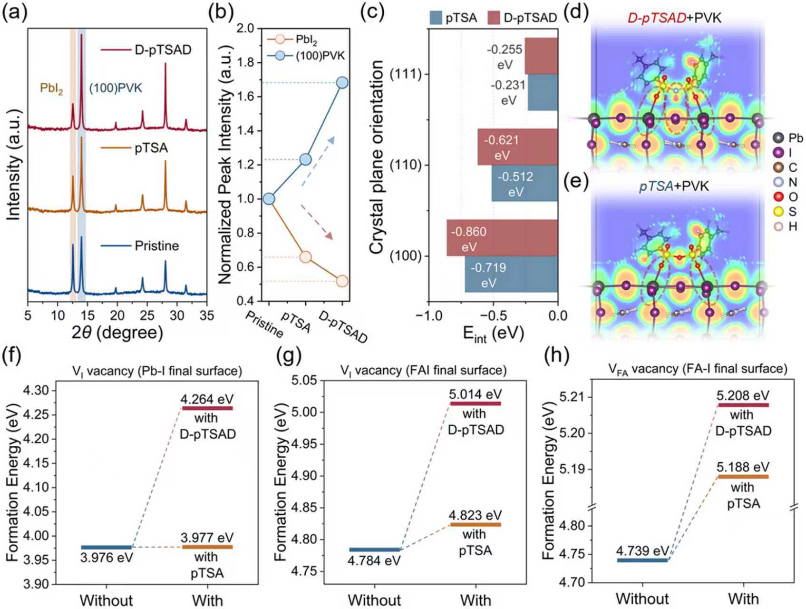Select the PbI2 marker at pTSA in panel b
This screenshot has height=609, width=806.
[x=305, y=257]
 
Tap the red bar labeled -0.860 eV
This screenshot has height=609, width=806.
[x=502, y=238]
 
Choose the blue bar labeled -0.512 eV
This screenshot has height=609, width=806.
[x=524, y=184]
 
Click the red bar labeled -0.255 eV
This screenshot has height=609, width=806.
[x=541, y=56]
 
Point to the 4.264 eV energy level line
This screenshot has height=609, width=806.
[x=207, y=408]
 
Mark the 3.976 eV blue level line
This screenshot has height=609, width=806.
[x=107, y=548]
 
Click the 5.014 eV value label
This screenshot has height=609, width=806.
[x=476, y=394]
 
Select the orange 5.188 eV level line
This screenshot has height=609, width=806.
[x=743, y=477]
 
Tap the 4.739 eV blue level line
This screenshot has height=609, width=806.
[x=642, y=560]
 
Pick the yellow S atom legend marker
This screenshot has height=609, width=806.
[x=778, y=212]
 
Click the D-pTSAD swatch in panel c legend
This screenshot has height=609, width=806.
[x=494, y=18]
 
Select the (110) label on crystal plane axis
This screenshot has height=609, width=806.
[x=405, y=165]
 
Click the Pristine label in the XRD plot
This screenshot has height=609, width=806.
[x=156, y=246]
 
